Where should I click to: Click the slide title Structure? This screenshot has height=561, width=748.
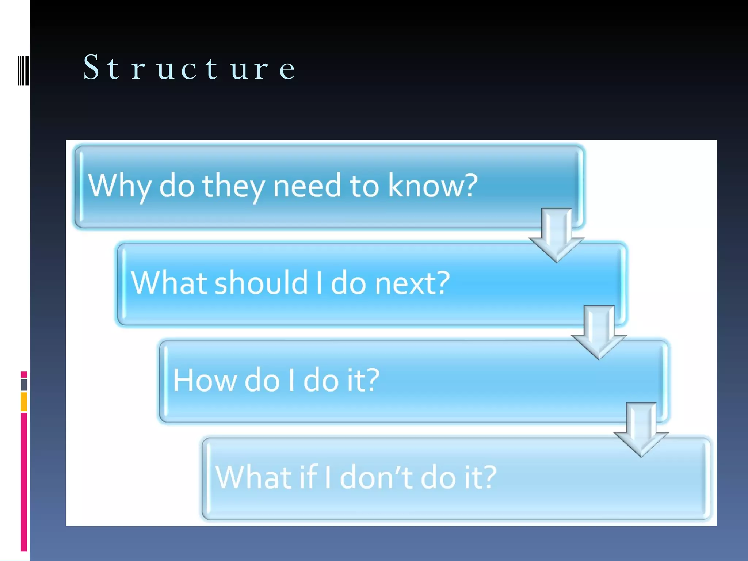click(189, 68)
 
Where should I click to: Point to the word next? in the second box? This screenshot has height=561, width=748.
click(413, 283)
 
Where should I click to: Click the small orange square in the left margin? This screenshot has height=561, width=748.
click(24, 402)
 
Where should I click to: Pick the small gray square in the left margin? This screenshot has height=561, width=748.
click(24, 385)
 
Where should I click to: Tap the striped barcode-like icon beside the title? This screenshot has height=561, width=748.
click(23, 70)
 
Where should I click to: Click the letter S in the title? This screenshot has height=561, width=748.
click(91, 67)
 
